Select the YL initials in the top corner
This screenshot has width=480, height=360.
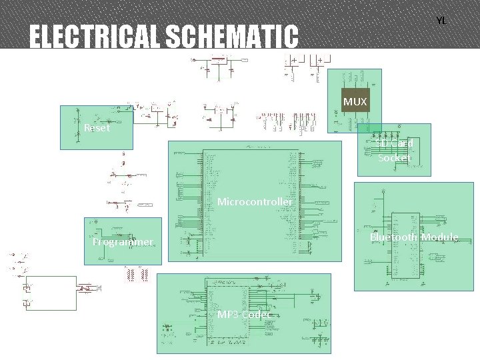(441, 21)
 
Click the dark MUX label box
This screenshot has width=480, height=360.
(355, 101)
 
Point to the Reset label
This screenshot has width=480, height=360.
(97, 128)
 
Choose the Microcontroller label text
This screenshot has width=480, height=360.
(255, 201)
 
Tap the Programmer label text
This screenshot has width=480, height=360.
(123, 242)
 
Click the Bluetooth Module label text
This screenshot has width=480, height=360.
(413, 237)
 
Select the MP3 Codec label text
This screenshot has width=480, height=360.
(244, 315)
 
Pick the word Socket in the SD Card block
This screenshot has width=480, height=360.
(393, 158)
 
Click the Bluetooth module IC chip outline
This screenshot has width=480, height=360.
(405, 245)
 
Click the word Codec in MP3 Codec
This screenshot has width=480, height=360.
(257, 315)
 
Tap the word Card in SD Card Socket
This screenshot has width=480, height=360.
(403, 143)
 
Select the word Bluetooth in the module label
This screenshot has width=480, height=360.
(393, 237)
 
